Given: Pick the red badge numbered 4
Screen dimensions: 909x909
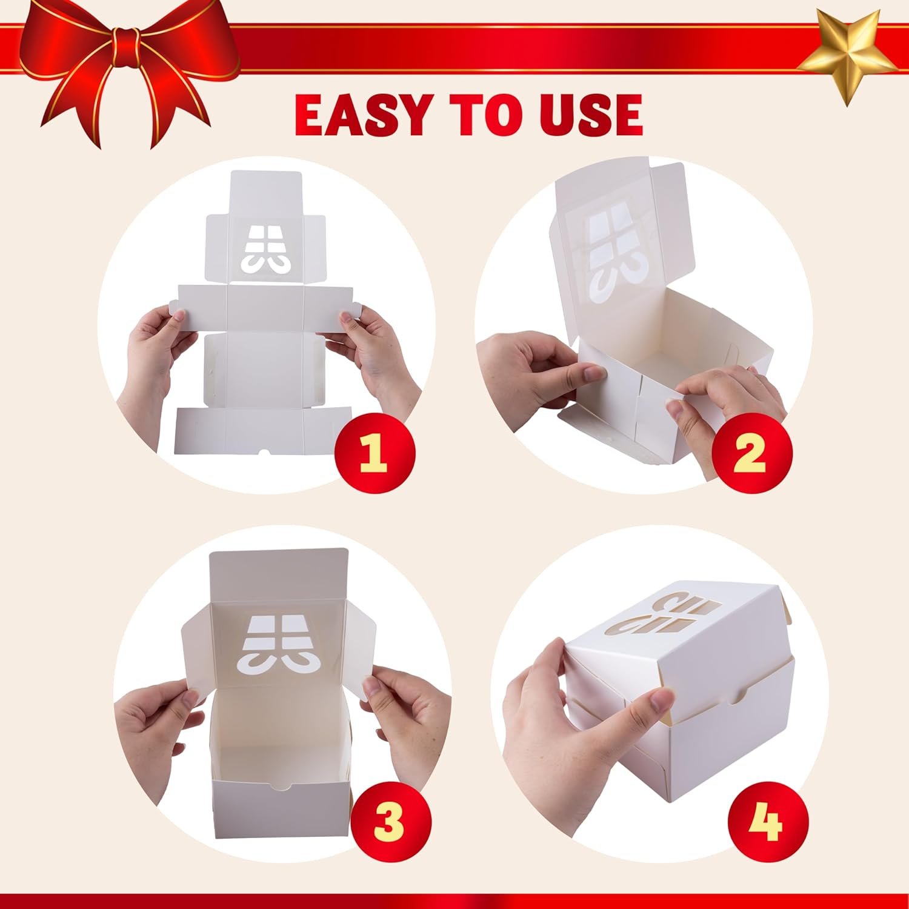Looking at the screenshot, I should point(766,821).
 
